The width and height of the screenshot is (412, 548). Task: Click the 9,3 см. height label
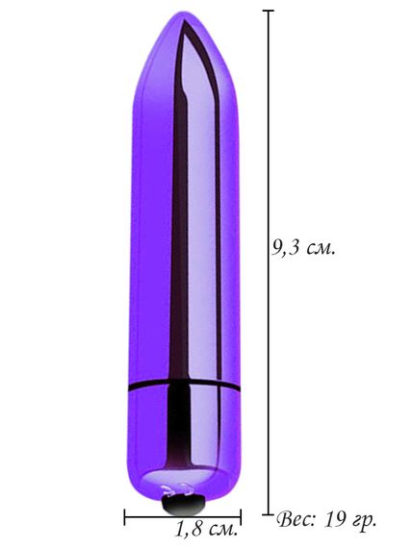click(x=303, y=249)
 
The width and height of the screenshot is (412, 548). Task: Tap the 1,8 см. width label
click(x=206, y=529)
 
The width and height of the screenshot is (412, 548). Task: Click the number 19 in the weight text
click(x=332, y=520)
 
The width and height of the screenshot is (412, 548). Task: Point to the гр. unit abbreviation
click(x=362, y=521)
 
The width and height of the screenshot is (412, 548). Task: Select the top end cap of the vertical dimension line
click(x=269, y=11)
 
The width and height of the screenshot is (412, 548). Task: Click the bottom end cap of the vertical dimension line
click(x=269, y=514)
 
